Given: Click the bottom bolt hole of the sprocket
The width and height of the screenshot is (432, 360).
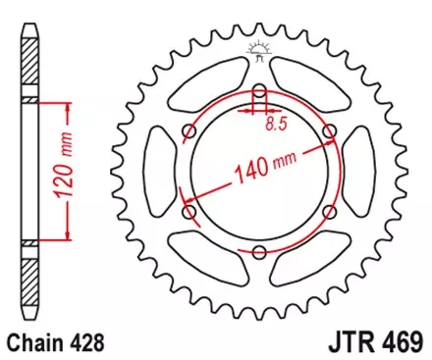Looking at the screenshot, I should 259,252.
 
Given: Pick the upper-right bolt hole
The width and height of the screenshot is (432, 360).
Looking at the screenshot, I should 329,131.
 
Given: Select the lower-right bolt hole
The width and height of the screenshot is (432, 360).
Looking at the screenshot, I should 329,212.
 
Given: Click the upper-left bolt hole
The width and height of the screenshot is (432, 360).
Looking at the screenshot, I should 189,131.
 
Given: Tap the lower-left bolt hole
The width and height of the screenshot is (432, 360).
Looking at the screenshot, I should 189,212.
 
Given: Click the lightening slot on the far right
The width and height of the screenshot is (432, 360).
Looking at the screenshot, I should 366,172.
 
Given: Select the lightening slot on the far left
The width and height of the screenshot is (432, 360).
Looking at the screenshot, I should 152,172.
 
